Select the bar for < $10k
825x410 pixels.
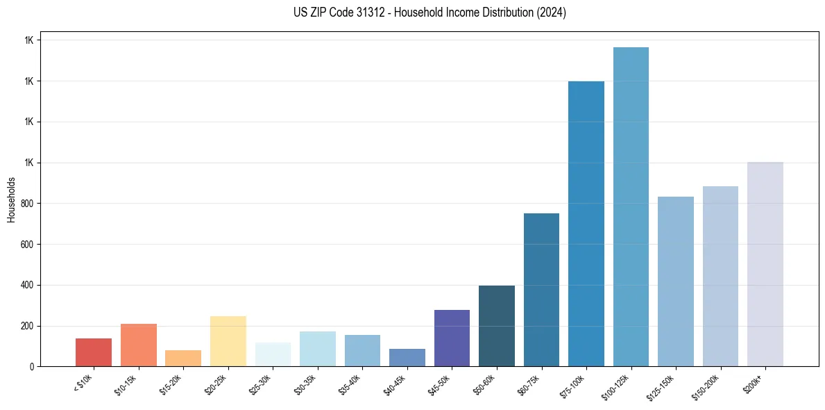click(x=94, y=352)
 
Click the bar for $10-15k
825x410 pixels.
click(x=138, y=345)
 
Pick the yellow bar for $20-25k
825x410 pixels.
click(x=228, y=341)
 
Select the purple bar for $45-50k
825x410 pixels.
click(x=452, y=338)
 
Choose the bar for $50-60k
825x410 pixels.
click(x=497, y=326)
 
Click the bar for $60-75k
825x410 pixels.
click(x=541, y=290)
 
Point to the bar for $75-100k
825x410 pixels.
click(x=586, y=224)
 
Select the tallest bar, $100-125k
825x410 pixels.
click(x=631, y=207)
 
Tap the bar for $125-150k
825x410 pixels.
click(x=676, y=281)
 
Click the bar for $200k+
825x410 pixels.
click(x=765, y=264)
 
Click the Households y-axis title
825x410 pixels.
click(x=11, y=199)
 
